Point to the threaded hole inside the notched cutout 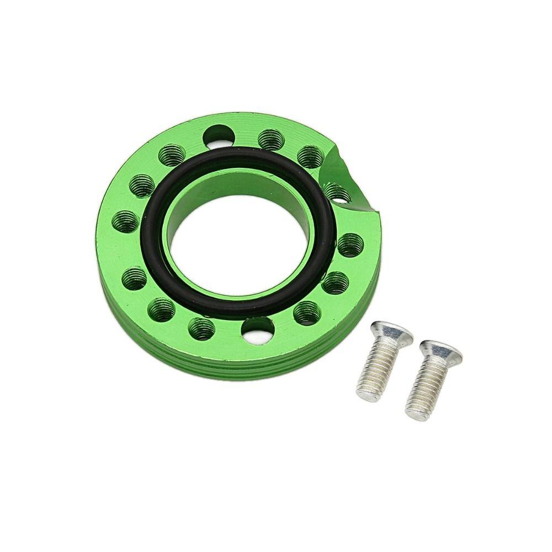338,193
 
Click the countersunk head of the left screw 390,333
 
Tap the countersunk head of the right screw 440,353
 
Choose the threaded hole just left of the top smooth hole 172,154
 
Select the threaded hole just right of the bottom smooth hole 307,313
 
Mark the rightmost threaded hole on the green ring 351,245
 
